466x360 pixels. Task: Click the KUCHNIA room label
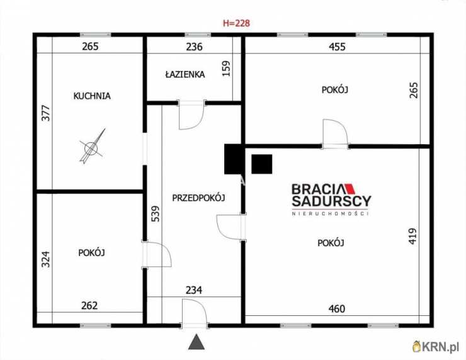click(92, 96)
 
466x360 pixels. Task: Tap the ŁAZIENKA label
click(185, 74)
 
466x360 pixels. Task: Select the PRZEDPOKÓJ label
click(198, 198)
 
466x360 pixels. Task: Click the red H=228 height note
click(236, 23)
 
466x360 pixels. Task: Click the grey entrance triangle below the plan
click(196, 342)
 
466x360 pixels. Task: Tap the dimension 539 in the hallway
click(156, 214)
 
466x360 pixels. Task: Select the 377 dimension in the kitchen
click(46, 113)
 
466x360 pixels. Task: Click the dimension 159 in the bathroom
click(226, 69)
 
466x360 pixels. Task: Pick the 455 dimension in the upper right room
click(337, 47)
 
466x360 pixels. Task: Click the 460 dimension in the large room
click(337, 309)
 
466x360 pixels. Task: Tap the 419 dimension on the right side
click(412, 236)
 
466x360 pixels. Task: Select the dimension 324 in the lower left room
click(45, 259)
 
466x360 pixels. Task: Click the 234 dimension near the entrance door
click(194, 290)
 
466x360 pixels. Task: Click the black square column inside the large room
click(262, 164)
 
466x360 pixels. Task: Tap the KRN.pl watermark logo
click(436, 347)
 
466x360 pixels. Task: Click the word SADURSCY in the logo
click(331, 201)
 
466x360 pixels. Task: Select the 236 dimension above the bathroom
click(194, 47)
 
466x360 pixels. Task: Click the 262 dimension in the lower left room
click(89, 306)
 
